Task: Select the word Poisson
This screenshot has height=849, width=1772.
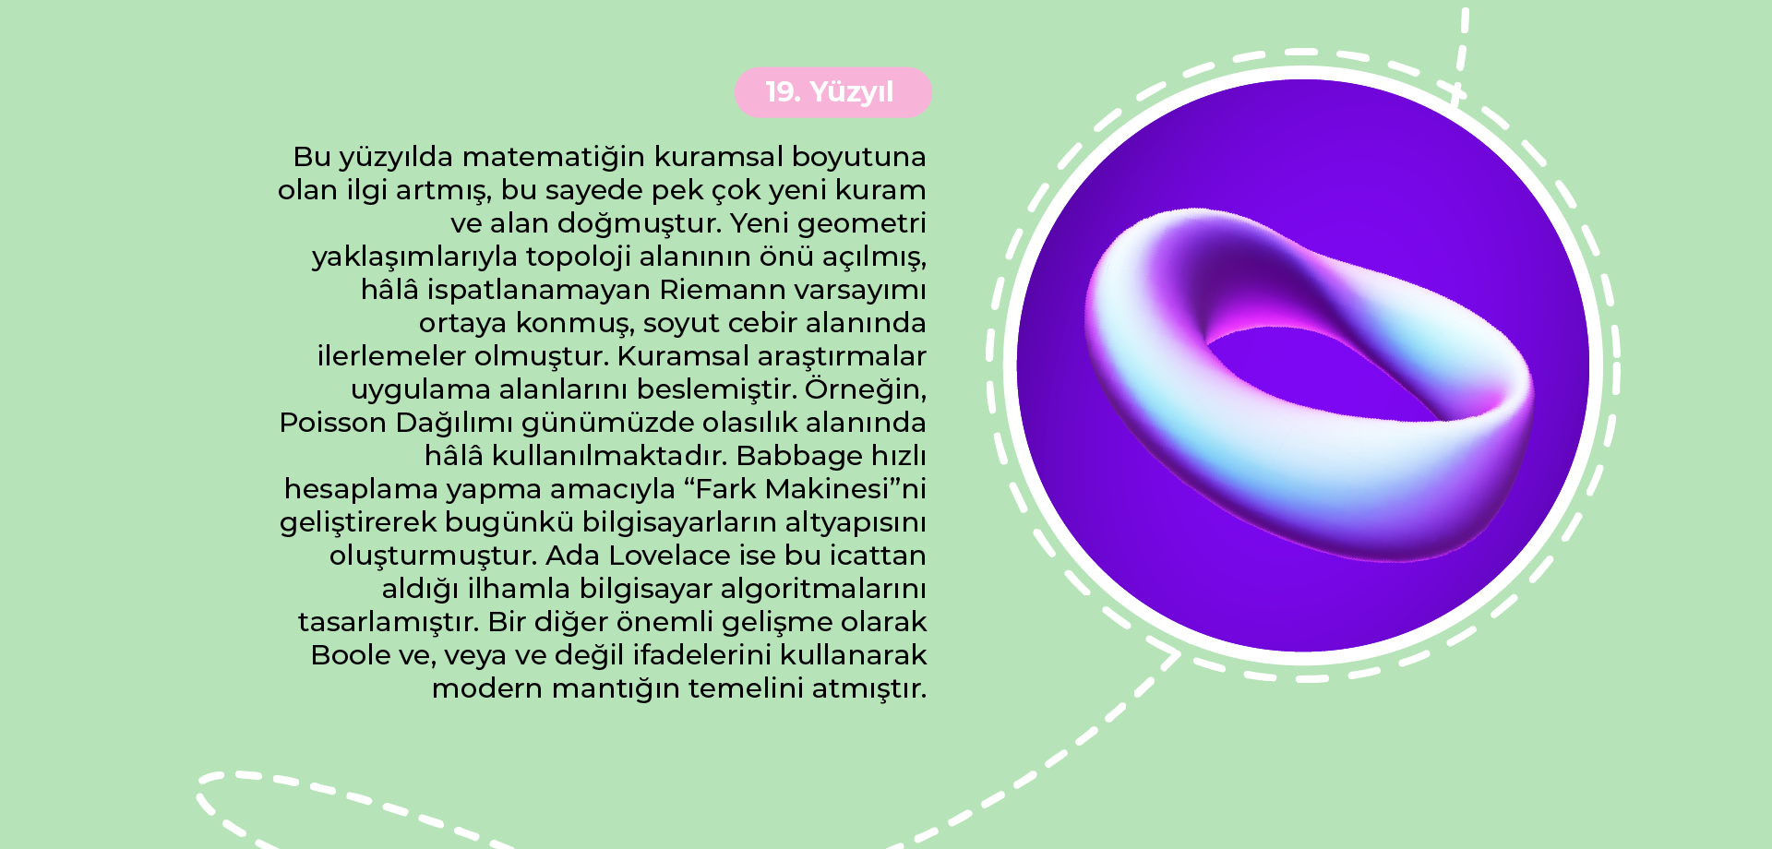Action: click(333, 423)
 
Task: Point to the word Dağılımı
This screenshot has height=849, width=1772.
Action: click(454, 424)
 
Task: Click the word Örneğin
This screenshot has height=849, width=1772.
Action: click(865, 389)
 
